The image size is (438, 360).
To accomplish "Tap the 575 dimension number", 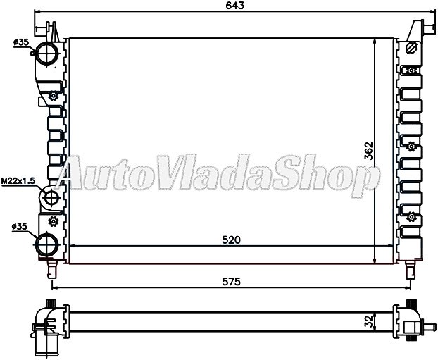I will coord(231,282).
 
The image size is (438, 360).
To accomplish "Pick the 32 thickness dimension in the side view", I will coord(368,321).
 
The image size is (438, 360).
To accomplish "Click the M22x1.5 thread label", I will coord(18,181).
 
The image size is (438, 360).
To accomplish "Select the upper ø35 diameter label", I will coord(20,42).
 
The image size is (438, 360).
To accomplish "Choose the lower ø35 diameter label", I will coord(20,227).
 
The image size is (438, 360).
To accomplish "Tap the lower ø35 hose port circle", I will coord(46,244).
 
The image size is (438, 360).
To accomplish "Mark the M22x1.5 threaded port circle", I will coord(51,197).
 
